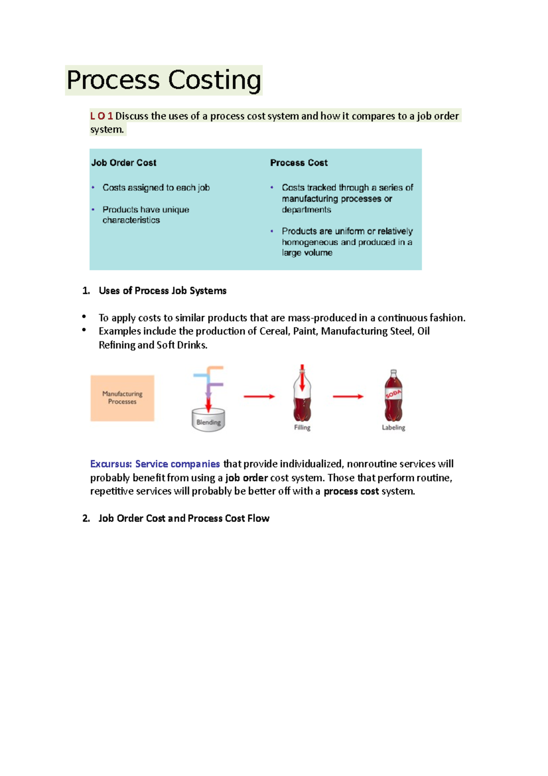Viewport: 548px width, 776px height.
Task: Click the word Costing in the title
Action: tap(215, 80)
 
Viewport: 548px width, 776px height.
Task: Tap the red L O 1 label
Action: tap(101, 116)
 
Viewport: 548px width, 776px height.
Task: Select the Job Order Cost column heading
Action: tap(124, 163)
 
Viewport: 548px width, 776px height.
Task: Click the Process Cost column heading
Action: tap(299, 163)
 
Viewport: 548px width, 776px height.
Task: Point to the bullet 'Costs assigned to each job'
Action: tap(156, 187)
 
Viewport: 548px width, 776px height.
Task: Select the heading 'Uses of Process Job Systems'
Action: tap(162, 291)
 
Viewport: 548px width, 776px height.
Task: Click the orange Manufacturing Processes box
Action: tap(122, 398)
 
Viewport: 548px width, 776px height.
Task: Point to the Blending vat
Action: tap(208, 420)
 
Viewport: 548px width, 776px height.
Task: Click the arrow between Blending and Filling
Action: tap(259, 396)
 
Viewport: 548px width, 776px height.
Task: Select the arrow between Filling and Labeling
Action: tap(348, 396)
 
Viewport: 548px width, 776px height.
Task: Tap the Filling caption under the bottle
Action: tap(302, 427)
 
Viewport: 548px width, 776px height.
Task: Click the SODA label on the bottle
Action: tap(393, 394)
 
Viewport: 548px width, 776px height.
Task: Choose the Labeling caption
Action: tap(393, 427)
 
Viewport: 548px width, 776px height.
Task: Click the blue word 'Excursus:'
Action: tap(111, 464)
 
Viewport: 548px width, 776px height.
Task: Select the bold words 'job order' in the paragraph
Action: tap(246, 478)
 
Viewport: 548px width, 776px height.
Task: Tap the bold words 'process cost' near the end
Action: tap(351, 491)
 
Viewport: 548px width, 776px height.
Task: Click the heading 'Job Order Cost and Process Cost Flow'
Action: tap(184, 518)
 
